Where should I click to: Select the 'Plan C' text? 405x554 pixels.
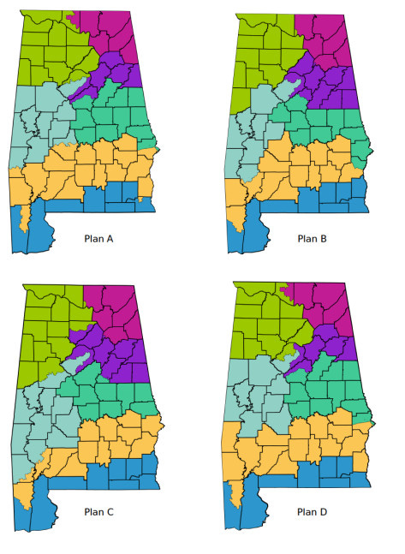point(100,512)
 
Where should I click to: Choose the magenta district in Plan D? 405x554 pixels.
point(330,300)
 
